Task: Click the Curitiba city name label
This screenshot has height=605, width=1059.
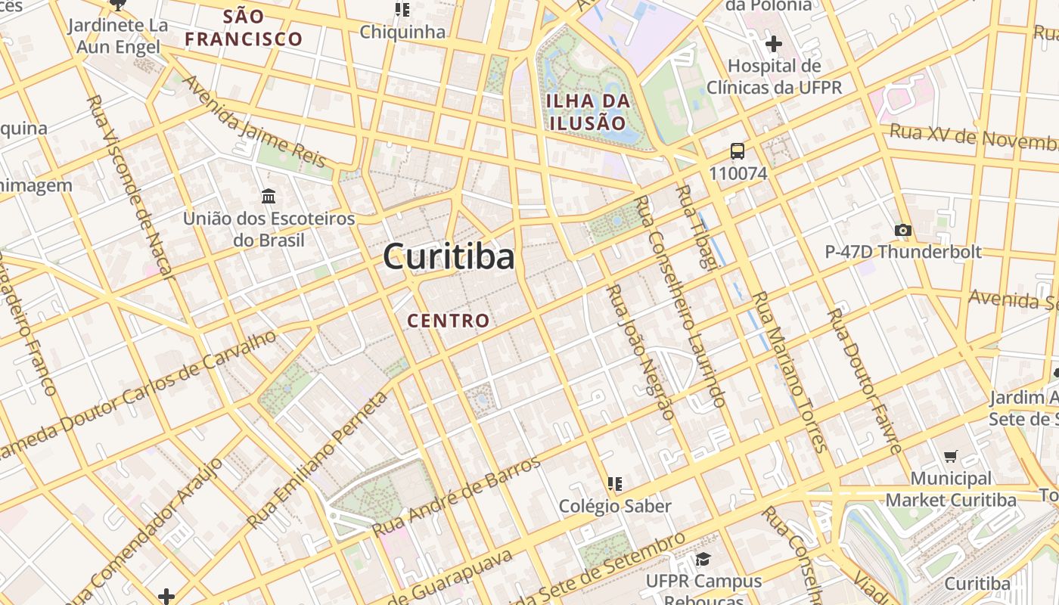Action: (449, 256)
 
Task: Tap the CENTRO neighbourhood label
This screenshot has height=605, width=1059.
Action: (449, 321)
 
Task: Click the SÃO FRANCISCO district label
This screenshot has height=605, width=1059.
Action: (244, 28)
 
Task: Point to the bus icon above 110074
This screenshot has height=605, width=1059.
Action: (738, 150)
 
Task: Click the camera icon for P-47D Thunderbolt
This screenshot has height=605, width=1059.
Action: (902, 230)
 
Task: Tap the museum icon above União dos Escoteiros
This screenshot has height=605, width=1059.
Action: (269, 197)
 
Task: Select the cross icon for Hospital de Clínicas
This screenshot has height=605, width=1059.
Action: (773, 44)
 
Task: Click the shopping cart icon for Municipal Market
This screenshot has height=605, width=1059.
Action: (951, 456)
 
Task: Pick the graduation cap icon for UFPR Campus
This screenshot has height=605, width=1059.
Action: (703, 559)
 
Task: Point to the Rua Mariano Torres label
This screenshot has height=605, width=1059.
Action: (787, 371)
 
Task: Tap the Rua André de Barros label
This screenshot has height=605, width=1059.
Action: (456, 496)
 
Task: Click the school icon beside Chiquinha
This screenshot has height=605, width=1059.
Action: (402, 10)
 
